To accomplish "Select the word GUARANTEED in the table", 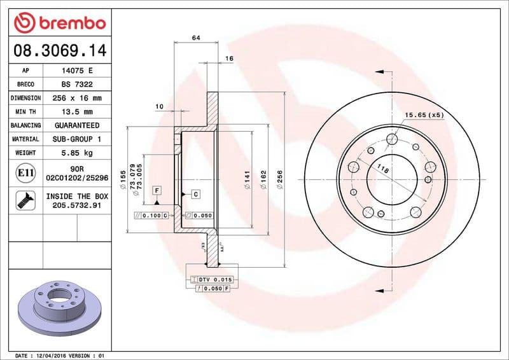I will point(76,125).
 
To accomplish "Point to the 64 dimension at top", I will point(195,39).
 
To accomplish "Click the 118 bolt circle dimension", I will point(382,169).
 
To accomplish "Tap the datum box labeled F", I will point(156,190).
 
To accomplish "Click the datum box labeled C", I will point(195,193).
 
